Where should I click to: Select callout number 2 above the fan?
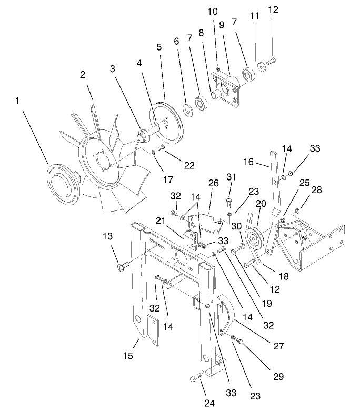pos(83,75)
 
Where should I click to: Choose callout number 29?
pos(278,377)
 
